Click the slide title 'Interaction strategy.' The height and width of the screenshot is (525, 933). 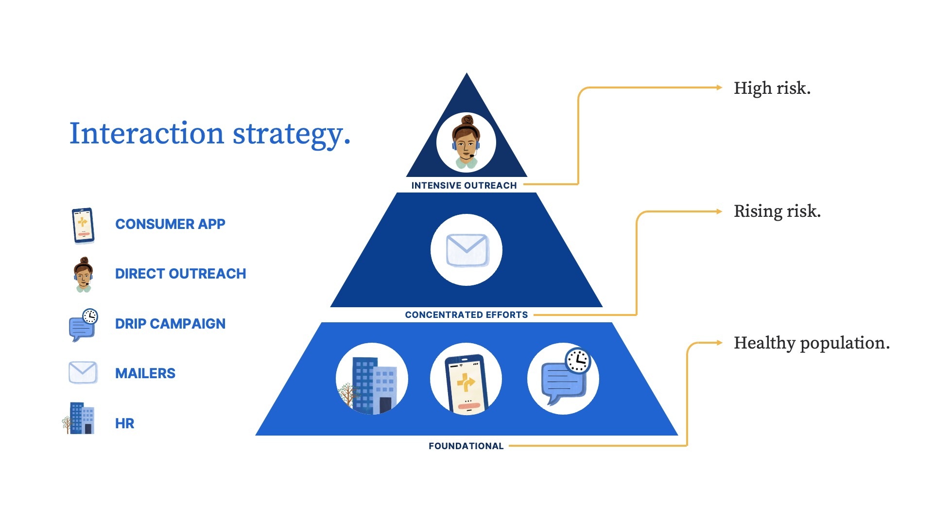coord(209,134)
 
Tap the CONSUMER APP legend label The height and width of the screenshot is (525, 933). coord(170,224)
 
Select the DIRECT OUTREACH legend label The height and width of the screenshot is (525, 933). coord(180,274)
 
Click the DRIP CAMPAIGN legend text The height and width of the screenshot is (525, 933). coord(170,324)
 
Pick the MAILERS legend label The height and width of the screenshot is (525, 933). coord(145,373)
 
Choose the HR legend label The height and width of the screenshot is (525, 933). coord(124,423)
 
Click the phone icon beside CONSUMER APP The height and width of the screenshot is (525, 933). coord(83,226)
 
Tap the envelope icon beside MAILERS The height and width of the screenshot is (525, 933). coord(83,372)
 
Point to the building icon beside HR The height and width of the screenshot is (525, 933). coord(80,418)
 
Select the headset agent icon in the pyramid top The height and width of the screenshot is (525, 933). coord(466,142)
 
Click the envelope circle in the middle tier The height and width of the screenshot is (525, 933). coord(466,250)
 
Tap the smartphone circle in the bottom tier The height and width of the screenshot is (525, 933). coord(466,379)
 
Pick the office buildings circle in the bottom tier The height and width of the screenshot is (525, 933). coord(372,379)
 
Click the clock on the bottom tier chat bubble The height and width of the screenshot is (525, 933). coord(578,360)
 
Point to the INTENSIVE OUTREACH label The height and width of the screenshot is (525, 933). coord(464,185)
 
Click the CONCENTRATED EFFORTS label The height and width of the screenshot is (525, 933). coord(466,315)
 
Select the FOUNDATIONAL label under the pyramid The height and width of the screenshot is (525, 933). coord(466,446)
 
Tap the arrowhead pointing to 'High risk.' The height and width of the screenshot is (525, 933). coord(719,87)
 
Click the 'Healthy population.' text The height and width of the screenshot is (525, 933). coord(812,343)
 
